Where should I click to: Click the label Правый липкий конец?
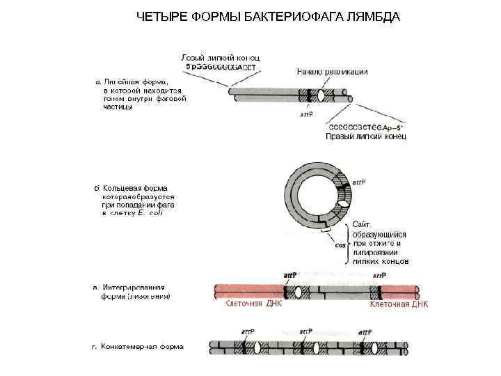click(365, 136)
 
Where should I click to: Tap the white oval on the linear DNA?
click(321, 97)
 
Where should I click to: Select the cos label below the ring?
click(340, 245)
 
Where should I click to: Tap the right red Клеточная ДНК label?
click(399, 304)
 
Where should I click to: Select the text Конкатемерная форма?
click(142, 346)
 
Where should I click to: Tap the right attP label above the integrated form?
click(379, 276)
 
